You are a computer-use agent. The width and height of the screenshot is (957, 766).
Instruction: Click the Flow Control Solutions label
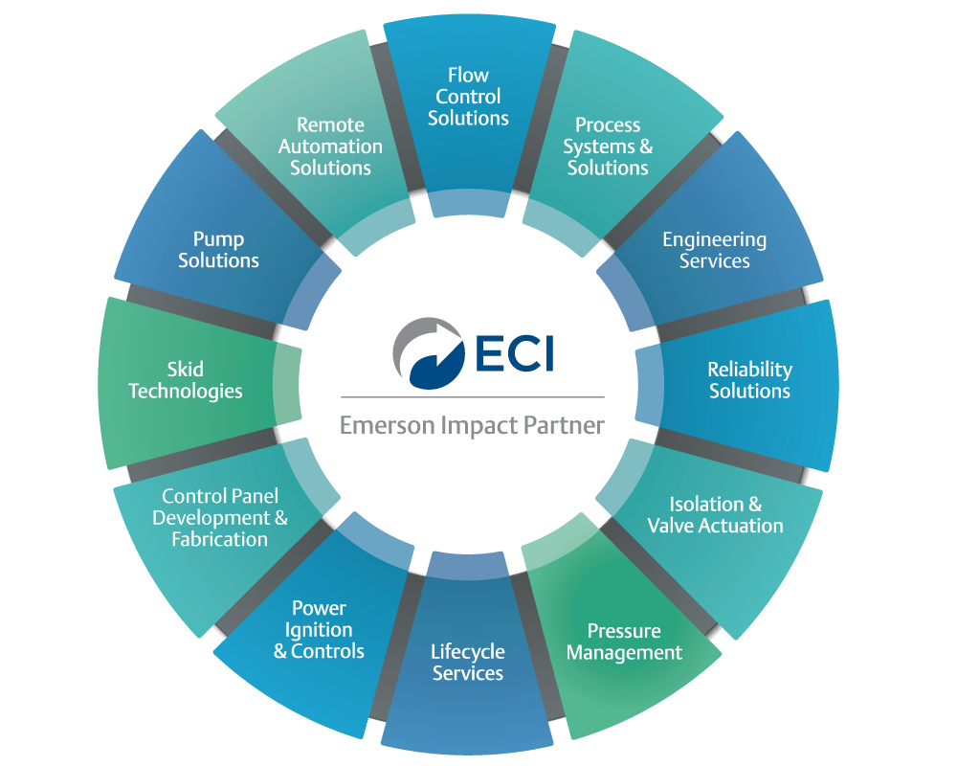[x=468, y=97]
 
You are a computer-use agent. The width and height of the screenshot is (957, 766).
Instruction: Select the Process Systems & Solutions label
[x=608, y=146]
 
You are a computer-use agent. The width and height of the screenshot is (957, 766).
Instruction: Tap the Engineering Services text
[x=714, y=250]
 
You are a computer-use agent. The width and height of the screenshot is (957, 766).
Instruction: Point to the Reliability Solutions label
[x=749, y=380]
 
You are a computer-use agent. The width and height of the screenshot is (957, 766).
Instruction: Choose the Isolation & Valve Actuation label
[x=715, y=515]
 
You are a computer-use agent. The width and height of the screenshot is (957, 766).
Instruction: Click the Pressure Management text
[x=624, y=642]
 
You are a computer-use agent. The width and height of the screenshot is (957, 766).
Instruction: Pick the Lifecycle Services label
[x=467, y=663]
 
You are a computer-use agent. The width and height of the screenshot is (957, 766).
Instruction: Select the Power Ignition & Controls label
[x=319, y=630]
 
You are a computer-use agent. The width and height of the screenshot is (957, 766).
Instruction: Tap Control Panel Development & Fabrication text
[x=220, y=518]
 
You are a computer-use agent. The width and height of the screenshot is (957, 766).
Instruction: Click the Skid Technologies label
[x=186, y=380]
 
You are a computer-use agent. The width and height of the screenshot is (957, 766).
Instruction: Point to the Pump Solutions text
[x=218, y=250]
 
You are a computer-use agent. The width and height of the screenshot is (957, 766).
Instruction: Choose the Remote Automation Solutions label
[x=330, y=146]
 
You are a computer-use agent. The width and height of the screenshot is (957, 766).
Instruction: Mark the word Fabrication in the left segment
[x=220, y=540]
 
